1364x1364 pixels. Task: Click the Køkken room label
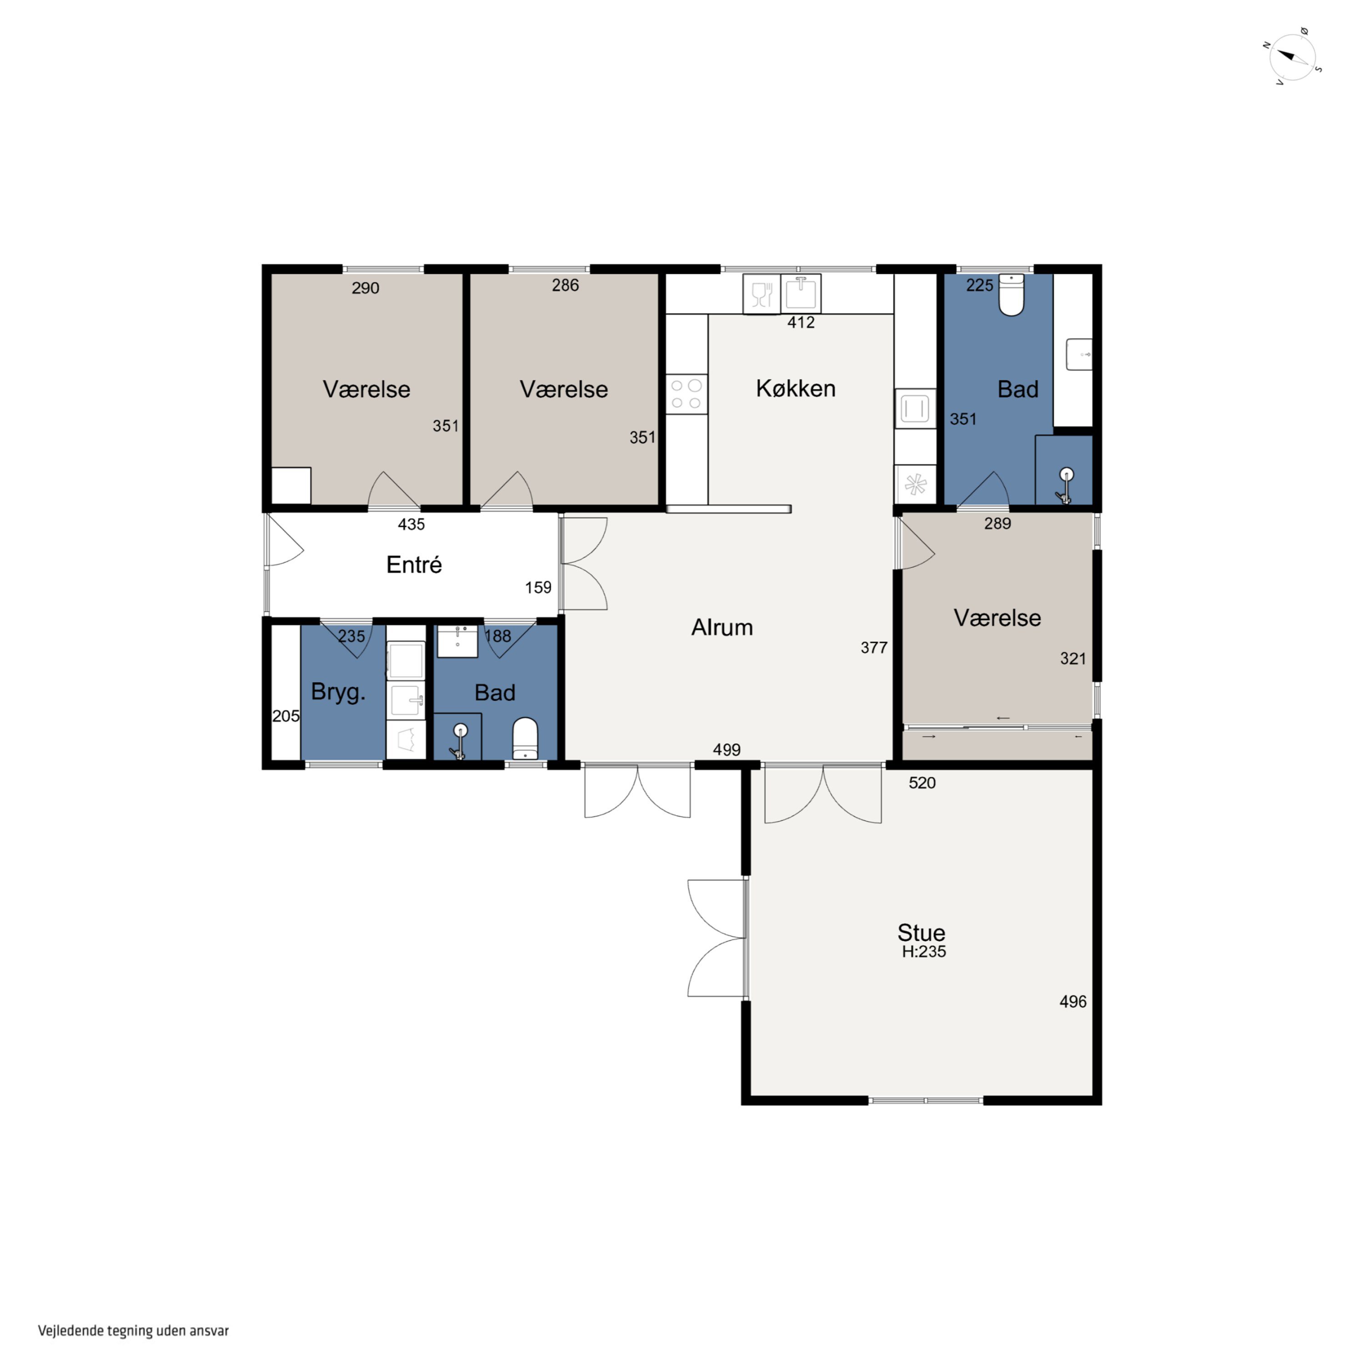click(796, 388)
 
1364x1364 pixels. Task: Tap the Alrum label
click(722, 627)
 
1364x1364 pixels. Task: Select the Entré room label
click(414, 564)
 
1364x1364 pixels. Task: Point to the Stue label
click(921, 932)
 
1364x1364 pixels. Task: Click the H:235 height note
click(923, 952)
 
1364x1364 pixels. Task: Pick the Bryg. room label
click(338, 692)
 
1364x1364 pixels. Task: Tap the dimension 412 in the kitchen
click(801, 323)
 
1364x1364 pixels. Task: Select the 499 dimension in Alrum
click(727, 750)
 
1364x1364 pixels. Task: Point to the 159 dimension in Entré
click(538, 587)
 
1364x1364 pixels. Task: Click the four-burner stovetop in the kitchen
click(686, 394)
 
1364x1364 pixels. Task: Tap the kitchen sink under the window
click(801, 292)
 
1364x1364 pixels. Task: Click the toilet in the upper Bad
click(1011, 295)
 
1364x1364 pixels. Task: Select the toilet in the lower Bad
click(525, 738)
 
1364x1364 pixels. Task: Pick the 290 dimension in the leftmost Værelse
click(365, 288)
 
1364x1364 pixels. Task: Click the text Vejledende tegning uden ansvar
click(133, 1331)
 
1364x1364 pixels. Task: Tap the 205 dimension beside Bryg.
click(286, 716)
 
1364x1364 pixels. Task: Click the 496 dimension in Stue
click(1073, 1001)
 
